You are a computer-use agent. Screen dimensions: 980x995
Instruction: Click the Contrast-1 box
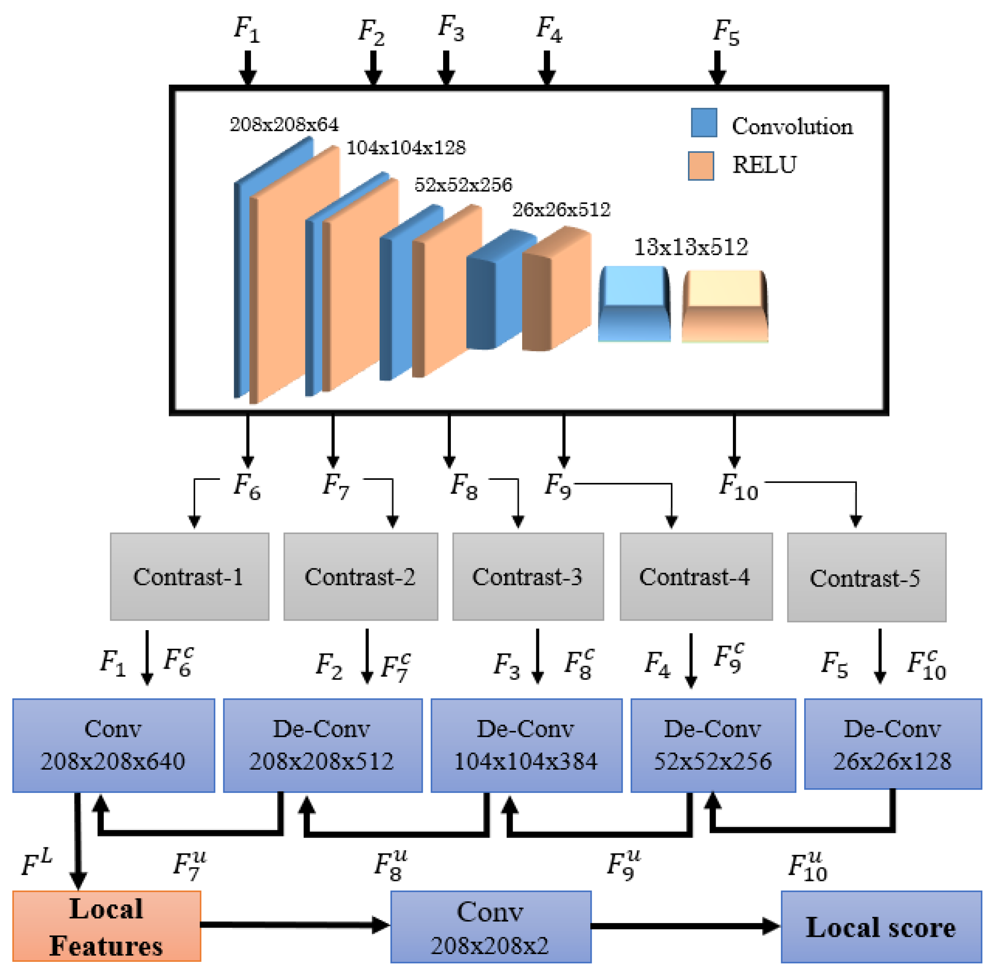(x=190, y=577)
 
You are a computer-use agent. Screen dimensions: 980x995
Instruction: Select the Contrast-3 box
(x=528, y=577)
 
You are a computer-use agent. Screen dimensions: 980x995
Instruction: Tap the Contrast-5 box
(x=866, y=577)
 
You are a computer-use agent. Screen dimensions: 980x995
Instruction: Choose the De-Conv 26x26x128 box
(x=893, y=744)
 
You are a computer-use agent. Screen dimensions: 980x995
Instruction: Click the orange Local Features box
(x=107, y=926)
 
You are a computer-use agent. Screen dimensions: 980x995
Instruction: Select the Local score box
(x=881, y=927)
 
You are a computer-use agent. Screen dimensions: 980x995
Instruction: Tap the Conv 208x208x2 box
(x=491, y=927)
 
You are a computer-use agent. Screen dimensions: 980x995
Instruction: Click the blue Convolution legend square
(x=703, y=123)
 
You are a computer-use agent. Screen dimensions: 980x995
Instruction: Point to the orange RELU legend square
(x=700, y=166)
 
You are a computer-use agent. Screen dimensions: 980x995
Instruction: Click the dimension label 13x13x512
(x=690, y=247)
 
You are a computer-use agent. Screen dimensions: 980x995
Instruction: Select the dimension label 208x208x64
(x=284, y=124)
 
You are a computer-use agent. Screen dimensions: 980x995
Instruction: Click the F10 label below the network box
(x=738, y=487)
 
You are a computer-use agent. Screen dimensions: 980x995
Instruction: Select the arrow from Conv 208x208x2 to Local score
(x=684, y=926)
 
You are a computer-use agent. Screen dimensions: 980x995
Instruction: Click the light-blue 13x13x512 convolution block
(x=634, y=304)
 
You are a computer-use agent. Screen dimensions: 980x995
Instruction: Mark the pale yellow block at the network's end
(x=725, y=306)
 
